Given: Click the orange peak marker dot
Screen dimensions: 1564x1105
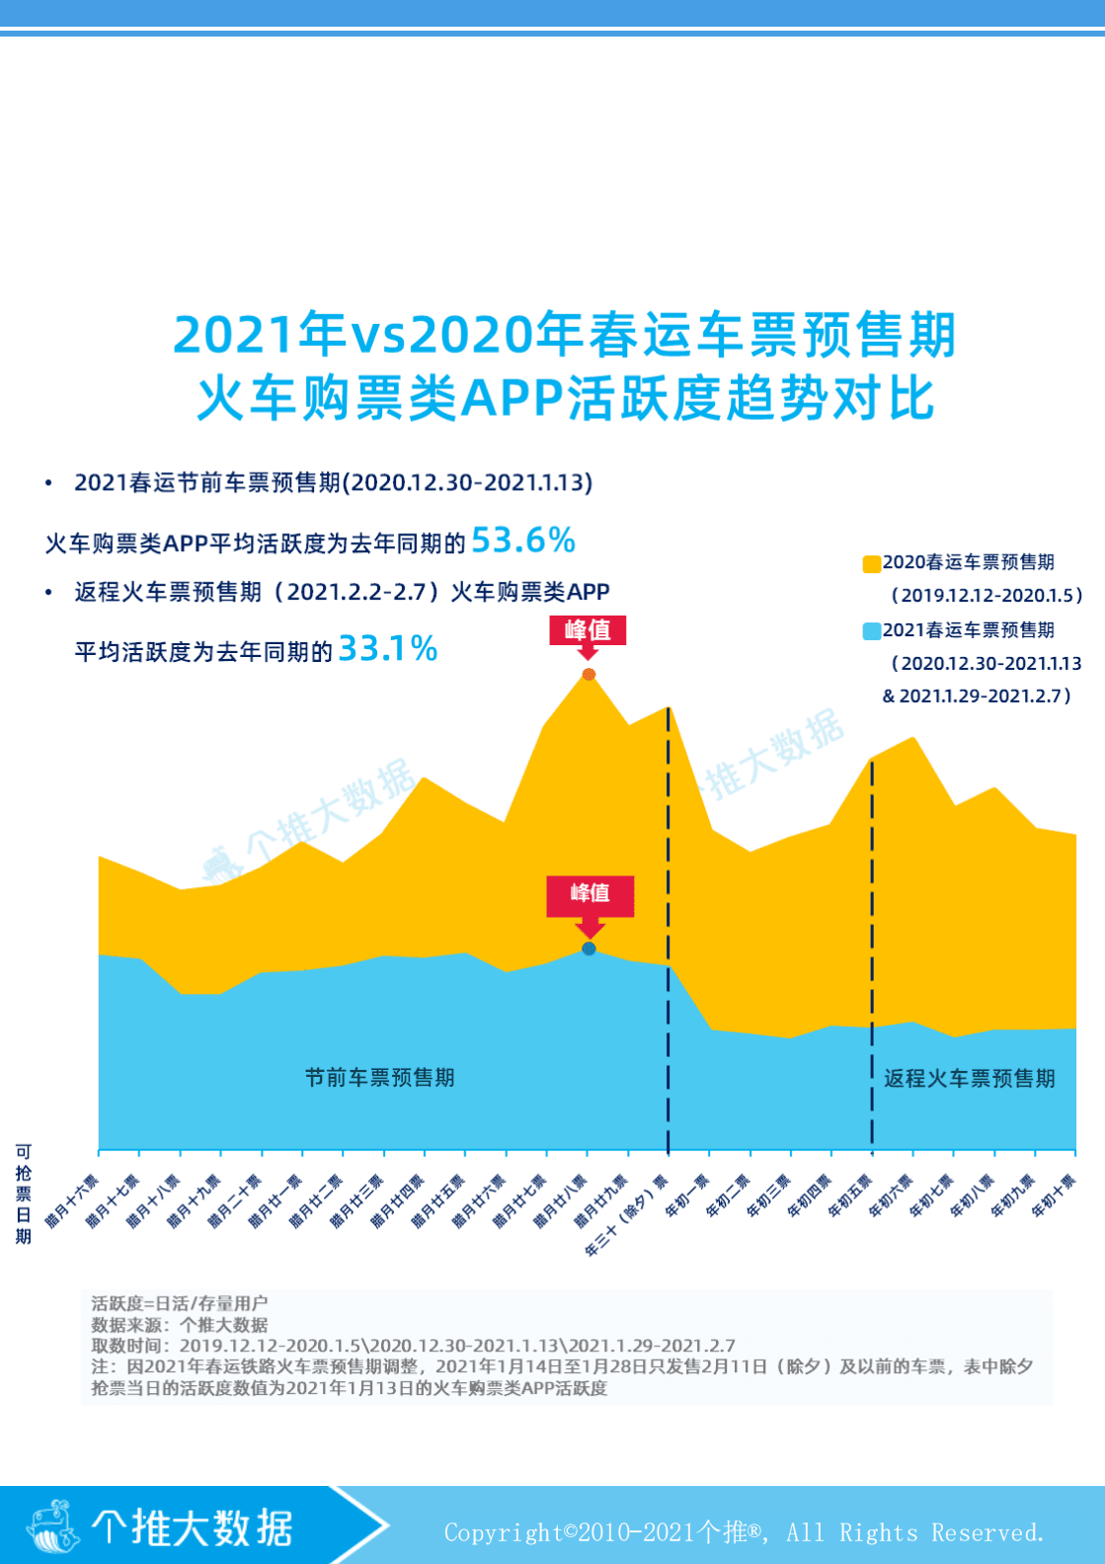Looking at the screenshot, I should (589, 675).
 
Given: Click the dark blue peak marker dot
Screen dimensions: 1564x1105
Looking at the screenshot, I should (589, 948).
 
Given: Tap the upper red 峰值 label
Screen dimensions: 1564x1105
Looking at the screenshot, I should (588, 630).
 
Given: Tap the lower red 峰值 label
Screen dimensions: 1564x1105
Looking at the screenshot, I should (590, 893).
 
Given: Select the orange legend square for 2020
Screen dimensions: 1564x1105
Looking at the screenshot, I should (871, 564).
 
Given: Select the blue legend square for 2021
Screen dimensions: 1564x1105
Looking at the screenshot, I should (871, 631).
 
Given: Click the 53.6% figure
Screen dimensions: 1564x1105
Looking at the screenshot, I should (522, 540).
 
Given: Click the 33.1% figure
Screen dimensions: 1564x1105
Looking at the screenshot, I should (387, 649).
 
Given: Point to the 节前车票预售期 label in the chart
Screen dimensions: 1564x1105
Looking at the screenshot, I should (379, 1077).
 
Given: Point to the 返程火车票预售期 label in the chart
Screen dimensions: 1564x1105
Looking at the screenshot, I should (969, 1078).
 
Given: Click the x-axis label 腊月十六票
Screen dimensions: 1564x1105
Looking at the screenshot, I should (72, 1200).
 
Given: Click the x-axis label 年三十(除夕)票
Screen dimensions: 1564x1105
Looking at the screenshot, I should (626, 1215).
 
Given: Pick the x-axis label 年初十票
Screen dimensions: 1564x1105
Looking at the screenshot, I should (1053, 1196).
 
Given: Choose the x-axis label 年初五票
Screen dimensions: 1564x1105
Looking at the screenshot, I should (849, 1196).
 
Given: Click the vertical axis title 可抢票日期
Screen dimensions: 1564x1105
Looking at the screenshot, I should (23, 1194).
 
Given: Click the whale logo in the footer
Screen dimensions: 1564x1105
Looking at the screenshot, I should (53, 1525).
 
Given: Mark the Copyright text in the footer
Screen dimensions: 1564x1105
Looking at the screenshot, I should (743, 1532).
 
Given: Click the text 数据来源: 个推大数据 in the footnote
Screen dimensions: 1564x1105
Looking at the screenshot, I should (179, 1325).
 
